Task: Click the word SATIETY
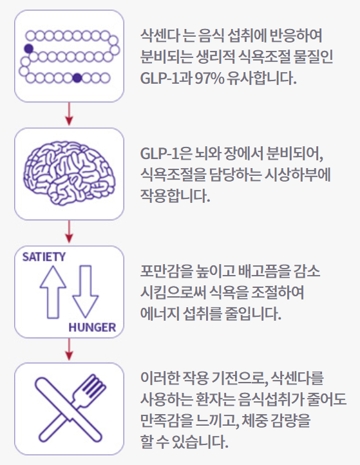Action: point(44,257)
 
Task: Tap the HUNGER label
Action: point(92,327)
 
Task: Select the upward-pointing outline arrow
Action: point(53,292)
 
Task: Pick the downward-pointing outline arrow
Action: point(86,292)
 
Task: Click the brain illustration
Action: point(69,173)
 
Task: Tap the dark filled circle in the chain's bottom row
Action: point(77,78)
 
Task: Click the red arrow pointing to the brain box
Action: point(69,114)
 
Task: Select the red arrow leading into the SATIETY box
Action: point(69,232)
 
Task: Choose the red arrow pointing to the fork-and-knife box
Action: point(69,349)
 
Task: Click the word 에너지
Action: point(160,314)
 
